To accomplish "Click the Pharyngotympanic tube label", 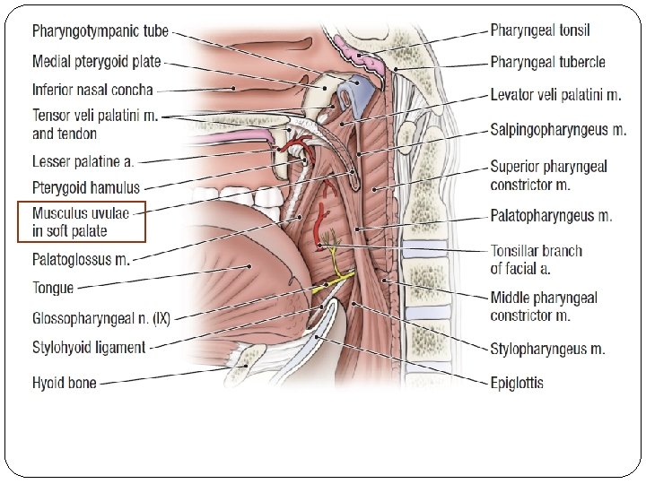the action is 100,31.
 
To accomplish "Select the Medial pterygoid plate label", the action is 97,62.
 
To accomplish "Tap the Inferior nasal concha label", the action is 92,90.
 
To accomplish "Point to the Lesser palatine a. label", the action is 83,162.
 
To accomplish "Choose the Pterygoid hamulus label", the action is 86,188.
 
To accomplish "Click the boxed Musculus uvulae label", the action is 82,221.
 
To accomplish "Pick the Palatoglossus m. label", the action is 81,260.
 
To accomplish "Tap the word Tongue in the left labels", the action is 53,288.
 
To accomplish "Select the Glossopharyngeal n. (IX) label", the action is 101,318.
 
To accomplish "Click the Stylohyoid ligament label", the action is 89,347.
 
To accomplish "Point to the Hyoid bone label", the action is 65,383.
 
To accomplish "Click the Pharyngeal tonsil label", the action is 540,30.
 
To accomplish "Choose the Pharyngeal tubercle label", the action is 547,62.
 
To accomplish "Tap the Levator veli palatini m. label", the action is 555,94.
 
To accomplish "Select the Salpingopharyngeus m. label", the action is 558,130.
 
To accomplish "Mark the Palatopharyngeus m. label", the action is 551,216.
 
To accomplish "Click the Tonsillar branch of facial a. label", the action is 536,259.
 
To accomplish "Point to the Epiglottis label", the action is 517,383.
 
